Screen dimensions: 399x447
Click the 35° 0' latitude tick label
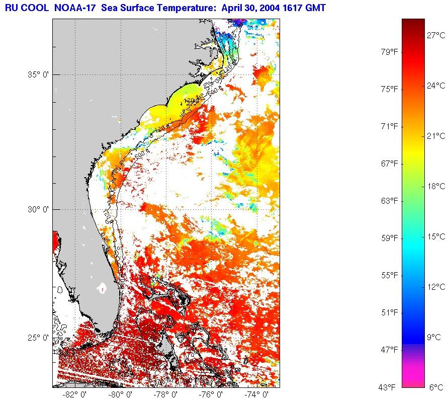(x=37, y=74)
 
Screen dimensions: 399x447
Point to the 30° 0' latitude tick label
(x=37, y=209)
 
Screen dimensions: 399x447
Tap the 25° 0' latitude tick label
(x=37, y=337)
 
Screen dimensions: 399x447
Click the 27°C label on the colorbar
(x=436, y=35)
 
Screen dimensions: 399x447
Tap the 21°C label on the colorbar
(x=436, y=136)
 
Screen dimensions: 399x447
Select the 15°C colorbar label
(x=436, y=236)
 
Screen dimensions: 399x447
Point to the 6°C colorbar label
(x=437, y=387)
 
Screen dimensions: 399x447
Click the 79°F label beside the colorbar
(x=389, y=52)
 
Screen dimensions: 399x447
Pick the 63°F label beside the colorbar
(x=389, y=201)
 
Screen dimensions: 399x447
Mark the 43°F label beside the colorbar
(x=389, y=387)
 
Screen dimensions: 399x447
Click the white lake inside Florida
(x=103, y=288)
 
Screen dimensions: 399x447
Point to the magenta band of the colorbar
(x=413, y=375)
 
